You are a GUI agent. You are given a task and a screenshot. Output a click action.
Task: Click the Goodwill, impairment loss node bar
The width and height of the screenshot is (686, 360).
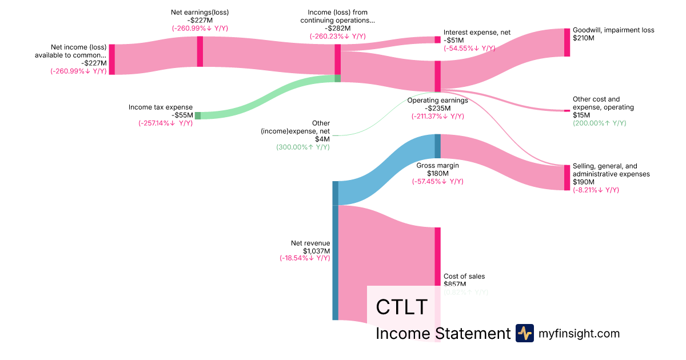pos(567,42)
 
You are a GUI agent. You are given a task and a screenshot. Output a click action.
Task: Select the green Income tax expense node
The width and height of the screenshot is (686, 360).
pos(198,115)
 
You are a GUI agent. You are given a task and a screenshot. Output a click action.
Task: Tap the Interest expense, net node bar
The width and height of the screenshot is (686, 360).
pos(438,39)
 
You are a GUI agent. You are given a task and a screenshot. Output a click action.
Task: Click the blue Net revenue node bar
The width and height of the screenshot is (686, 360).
pos(336,250)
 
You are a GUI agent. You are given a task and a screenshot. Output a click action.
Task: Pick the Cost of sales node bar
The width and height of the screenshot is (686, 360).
pos(438,257)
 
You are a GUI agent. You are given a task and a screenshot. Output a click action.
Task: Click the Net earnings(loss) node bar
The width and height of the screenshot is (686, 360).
pos(200,51)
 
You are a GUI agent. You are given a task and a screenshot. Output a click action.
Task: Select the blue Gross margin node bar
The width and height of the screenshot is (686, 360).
pos(438,146)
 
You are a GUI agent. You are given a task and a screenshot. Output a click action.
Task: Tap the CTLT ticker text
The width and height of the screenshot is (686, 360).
pos(401,307)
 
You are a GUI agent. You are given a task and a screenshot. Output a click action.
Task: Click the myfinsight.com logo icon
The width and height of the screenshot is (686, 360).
pos(524,333)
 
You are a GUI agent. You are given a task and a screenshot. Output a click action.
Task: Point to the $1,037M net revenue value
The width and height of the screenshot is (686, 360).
pos(316,251)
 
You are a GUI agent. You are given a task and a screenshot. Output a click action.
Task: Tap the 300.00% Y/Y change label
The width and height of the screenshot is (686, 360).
pos(302,147)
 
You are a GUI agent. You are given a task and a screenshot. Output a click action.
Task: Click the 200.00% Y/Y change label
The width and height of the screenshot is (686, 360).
pos(599,123)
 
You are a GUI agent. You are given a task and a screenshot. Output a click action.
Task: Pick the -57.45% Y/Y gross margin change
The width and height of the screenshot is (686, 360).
pos(437,181)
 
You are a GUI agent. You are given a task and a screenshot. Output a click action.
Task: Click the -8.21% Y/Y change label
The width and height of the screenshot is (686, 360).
pos(596,190)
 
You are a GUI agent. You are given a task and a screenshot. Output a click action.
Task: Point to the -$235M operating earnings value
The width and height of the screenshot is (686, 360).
pos(437,108)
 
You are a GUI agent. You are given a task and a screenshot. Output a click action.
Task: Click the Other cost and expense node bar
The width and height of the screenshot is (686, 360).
pos(567,110)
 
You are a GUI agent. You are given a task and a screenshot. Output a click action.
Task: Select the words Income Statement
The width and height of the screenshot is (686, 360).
pos(442,334)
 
